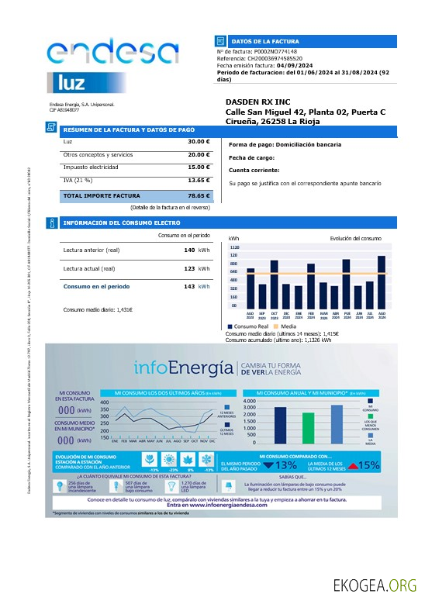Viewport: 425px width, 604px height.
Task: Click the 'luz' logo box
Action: pyautogui.click(x=75, y=81)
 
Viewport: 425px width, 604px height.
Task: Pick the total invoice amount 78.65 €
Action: pyautogui.click(x=199, y=196)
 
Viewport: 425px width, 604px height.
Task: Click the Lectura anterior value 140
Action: pyautogui.click(x=189, y=250)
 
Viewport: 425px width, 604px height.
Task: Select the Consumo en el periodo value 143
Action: pyautogui.click(x=189, y=287)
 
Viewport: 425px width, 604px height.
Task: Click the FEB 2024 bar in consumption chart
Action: pyautogui.click(x=311, y=284)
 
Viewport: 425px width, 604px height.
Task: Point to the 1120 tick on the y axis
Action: pyautogui.click(x=234, y=247)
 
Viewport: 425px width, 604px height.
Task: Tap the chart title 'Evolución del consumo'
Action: pyautogui.click(x=355, y=238)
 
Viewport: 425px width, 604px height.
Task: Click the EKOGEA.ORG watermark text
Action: pyautogui.click(x=375, y=585)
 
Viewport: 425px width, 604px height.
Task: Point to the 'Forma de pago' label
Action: pyautogui.click(x=252, y=144)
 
